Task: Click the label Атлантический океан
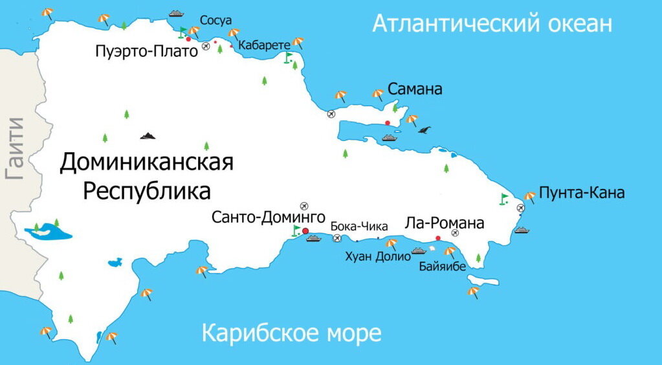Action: tap(492, 25)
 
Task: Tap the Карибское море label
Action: tap(291, 334)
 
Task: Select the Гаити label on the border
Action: tap(14, 148)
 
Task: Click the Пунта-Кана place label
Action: tap(582, 193)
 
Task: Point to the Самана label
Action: tap(415, 89)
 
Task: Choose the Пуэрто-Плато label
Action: tap(146, 52)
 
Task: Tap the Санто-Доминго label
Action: tap(268, 217)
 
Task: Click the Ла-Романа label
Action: tap(444, 224)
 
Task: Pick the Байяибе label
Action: tap(443, 266)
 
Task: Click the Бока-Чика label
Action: tap(359, 227)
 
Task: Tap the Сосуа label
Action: tap(215, 21)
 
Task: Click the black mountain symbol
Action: tap(148, 135)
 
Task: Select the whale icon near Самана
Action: tap(425, 131)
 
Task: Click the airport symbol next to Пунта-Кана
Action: tap(521, 208)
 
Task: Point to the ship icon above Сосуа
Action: tap(177, 12)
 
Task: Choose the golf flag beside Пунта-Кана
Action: tap(504, 199)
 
